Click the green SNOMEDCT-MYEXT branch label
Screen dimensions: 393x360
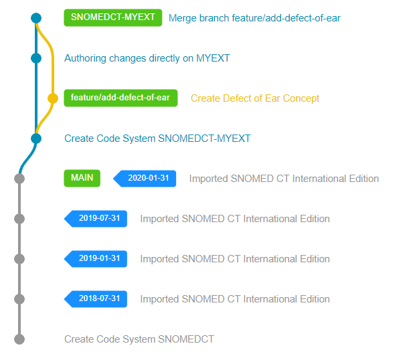tap(112, 17)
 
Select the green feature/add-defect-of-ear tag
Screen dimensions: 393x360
tap(121, 98)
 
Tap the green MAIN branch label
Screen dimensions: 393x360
tap(82, 178)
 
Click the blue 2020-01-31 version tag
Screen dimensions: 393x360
tap(145, 179)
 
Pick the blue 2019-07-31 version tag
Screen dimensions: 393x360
tap(96, 219)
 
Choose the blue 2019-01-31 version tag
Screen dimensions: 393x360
tap(96, 259)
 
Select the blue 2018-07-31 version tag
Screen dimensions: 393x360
tap(96, 299)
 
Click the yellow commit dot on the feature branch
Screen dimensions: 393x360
tap(53, 98)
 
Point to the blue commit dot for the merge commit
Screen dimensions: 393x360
tap(36, 18)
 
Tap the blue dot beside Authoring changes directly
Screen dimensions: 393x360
tap(36, 58)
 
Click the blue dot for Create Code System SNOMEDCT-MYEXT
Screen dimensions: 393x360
tap(36, 139)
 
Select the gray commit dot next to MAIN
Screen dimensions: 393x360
tap(19, 179)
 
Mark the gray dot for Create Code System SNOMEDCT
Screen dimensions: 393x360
tap(19, 339)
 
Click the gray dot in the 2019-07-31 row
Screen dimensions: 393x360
tap(19, 219)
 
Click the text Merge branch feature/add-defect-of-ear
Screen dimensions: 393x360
tap(254, 18)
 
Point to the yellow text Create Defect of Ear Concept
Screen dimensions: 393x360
tap(255, 98)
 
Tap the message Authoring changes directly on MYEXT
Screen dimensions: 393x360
tap(147, 58)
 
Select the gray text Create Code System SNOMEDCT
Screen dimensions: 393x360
tap(139, 339)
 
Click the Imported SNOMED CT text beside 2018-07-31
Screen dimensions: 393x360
tap(235, 299)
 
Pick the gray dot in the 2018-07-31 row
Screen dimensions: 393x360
tap(19, 299)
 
